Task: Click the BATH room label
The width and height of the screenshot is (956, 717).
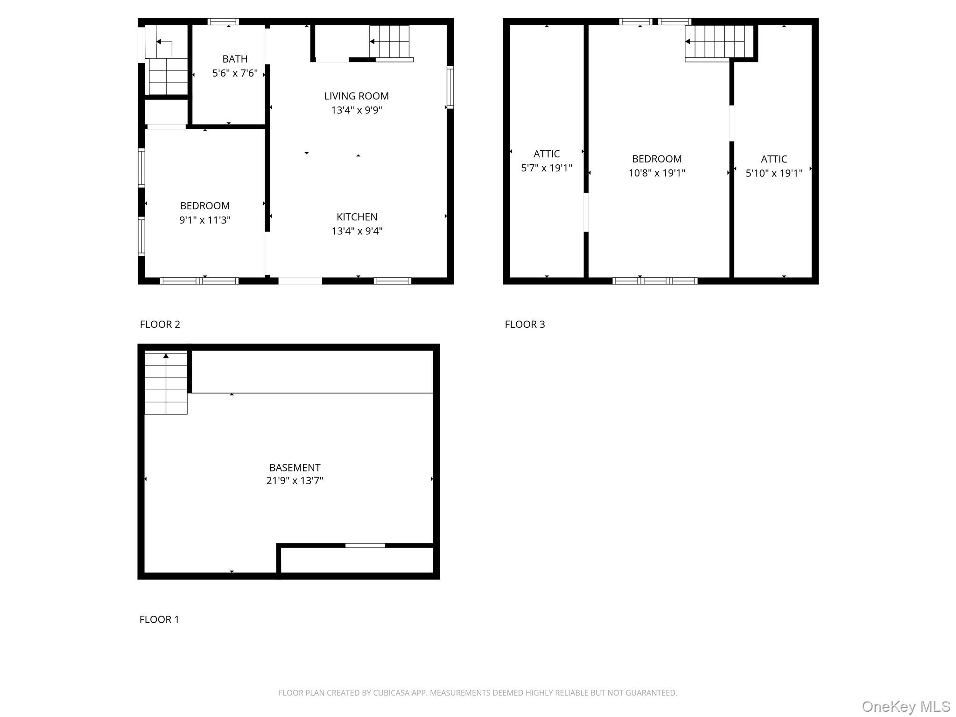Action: pos(235,59)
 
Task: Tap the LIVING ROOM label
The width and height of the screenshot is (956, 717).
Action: pos(356,96)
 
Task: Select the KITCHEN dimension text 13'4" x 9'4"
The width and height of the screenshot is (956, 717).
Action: pos(357,231)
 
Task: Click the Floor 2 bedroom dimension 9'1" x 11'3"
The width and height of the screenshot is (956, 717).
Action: pos(204,220)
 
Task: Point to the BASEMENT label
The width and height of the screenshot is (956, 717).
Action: pos(295,468)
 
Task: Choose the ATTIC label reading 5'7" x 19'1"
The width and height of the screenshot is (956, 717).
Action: pos(546,154)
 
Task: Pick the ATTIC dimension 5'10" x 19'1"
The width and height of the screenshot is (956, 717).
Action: pos(773,174)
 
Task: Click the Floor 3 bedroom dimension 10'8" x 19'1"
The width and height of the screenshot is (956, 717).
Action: pos(656,173)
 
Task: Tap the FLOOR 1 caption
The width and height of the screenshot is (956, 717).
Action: pos(159,619)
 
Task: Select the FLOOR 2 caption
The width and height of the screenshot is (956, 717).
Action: pos(160,324)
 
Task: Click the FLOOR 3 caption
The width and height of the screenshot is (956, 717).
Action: pos(524,324)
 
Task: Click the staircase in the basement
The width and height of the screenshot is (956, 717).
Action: pos(166,384)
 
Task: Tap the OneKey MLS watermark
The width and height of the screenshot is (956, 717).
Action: pos(906,707)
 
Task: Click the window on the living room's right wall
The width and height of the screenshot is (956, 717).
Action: pos(450,87)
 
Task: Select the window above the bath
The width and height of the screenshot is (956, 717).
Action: pos(223,21)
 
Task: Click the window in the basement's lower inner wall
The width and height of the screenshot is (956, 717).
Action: pos(365,545)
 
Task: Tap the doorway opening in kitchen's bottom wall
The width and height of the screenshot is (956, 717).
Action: pos(300,281)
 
